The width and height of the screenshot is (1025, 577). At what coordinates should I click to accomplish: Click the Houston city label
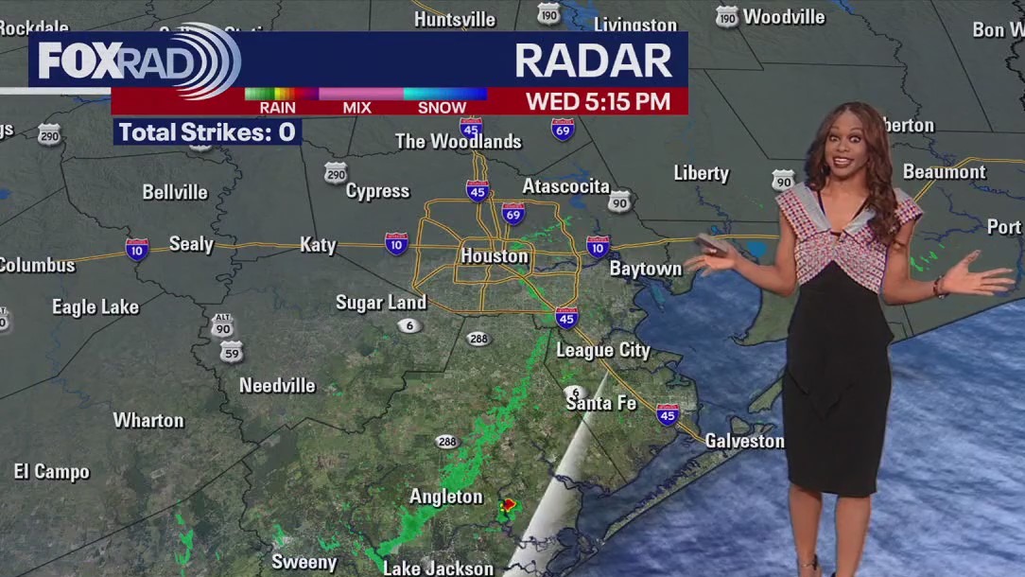pos(494,256)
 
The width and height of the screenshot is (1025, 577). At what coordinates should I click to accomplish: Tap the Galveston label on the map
pos(744,441)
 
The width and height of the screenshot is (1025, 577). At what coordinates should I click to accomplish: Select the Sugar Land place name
pos(381,303)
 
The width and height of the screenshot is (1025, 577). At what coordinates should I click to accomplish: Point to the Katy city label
pos(318,245)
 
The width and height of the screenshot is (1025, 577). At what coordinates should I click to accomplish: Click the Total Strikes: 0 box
pos(207,132)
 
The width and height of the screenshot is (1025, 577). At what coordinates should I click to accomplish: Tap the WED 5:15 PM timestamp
pos(598,101)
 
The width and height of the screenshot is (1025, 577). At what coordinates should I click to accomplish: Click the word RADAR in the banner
pos(593,61)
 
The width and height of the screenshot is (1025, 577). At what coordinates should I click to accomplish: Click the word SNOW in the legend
pos(442,108)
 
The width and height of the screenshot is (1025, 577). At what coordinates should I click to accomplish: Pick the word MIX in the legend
pos(356,108)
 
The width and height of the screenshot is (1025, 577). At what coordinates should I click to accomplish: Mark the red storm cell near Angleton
pos(510,506)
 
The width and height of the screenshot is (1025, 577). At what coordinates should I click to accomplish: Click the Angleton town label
pos(445,497)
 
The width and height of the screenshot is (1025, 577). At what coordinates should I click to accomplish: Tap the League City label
pos(602,350)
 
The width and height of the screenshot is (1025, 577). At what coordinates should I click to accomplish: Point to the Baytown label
pos(645,269)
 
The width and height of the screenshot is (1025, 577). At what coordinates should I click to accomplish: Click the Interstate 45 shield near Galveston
pos(668,414)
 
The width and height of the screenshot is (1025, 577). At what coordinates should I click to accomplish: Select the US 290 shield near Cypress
pos(335,172)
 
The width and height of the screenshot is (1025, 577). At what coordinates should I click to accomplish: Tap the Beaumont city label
pos(944,172)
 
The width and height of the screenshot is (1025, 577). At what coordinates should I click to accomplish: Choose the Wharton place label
pos(148,420)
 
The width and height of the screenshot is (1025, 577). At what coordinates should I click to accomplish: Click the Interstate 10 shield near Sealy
pos(137,249)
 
